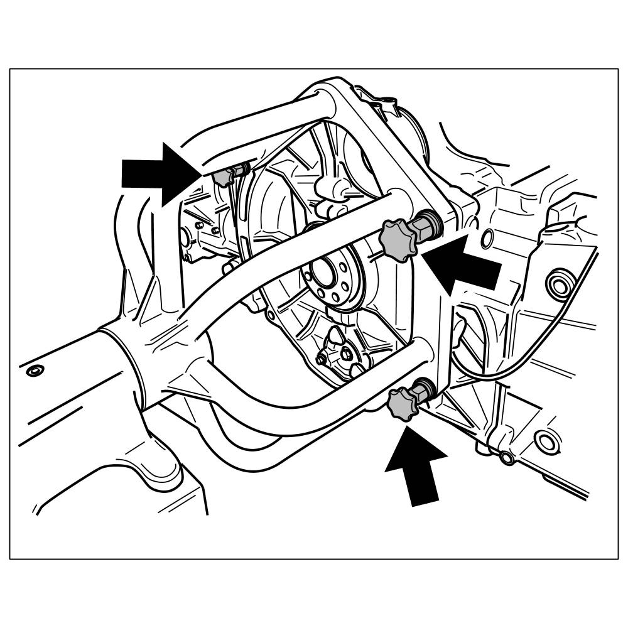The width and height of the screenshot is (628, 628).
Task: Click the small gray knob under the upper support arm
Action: pos(223,178)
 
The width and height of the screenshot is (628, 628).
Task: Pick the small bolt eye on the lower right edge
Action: pos(506,458)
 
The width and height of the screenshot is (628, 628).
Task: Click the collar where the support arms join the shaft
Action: pos(122,358)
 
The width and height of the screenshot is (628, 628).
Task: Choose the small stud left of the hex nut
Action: pos(322,360)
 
